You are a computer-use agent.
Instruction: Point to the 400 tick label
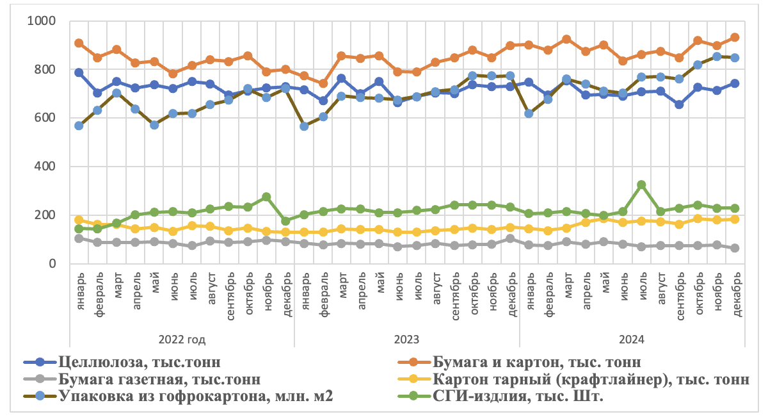tap(46, 167)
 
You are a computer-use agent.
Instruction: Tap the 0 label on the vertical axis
tap(53, 263)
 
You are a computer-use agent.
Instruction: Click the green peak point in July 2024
tap(641, 185)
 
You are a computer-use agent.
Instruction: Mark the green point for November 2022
tap(266, 197)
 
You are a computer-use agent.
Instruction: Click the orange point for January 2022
tap(79, 43)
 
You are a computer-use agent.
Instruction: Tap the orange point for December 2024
tap(735, 37)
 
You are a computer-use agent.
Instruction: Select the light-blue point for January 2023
tap(304, 126)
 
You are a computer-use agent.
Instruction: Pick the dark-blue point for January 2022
tap(79, 72)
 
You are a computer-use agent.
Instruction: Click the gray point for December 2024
tap(735, 248)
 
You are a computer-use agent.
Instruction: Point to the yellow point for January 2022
tap(79, 220)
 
